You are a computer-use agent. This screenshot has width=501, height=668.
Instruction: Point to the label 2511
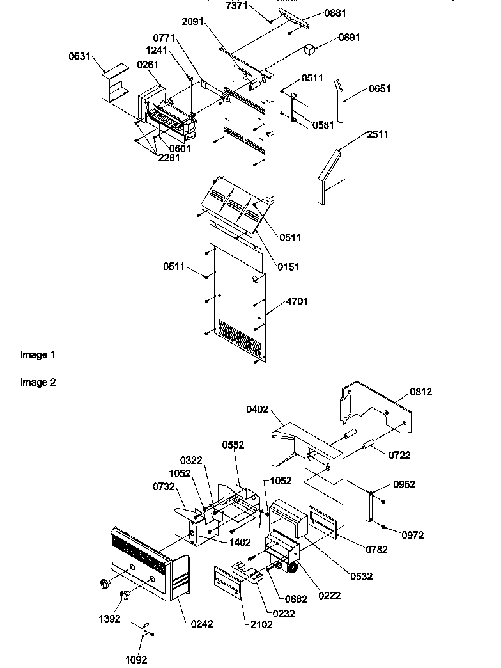[378, 134]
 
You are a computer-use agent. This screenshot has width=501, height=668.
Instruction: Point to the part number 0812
[421, 392]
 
